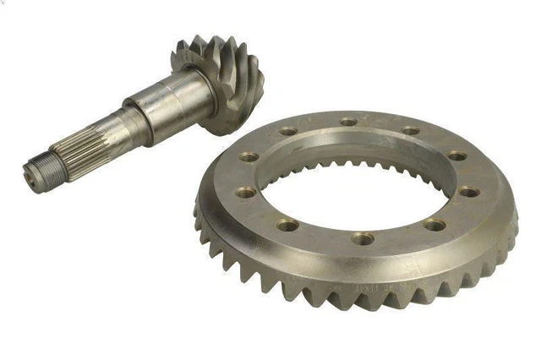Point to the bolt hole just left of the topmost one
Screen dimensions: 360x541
pos(288,132)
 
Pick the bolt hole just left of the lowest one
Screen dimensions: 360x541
pos(287,226)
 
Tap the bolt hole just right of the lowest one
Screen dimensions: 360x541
pos(435,225)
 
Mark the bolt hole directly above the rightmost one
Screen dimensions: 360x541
pos(456,156)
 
